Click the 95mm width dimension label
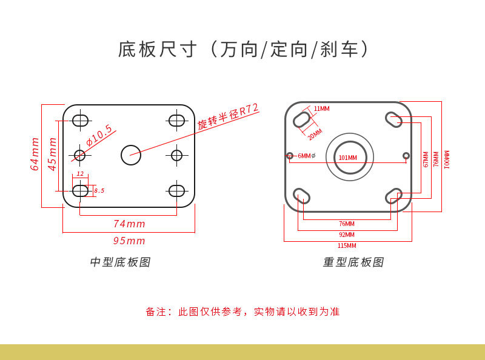[x=129, y=241]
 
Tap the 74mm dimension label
[x=129, y=224]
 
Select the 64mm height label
[x=35, y=155]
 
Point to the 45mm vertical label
[x=53, y=155]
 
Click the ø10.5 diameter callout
[x=99, y=136]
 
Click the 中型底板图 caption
[x=120, y=262]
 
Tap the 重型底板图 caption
[x=353, y=262]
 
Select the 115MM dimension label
[x=347, y=245]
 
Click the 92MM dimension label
[x=347, y=235]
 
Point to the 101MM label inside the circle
[x=348, y=158]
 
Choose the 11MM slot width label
[x=321, y=109]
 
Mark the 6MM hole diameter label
[x=306, y=156]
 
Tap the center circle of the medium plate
[x=131, y=155]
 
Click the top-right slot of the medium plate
[x=176, y=120]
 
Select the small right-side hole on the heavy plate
[x=406, y=156]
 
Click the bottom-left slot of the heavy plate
[x=301, y=195]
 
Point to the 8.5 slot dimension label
[x=99, y=191]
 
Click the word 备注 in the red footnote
[x=155, y=312]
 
